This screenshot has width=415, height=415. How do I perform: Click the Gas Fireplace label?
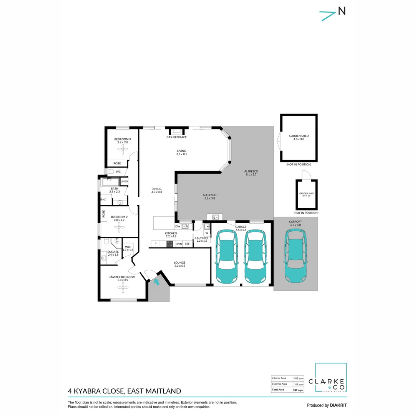(x=176, y=137)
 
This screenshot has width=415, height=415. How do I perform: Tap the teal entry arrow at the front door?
(x=156, y=282)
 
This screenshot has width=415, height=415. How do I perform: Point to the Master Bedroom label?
(x=122, y=277)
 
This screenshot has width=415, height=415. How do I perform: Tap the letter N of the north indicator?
(x=341, y=11)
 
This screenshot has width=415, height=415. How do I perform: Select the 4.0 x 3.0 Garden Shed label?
(x=299, y=138)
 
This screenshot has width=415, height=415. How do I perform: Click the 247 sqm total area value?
(x=298, y=390)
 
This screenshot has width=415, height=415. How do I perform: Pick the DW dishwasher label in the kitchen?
(x=178, y=226)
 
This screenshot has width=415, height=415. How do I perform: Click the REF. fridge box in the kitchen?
(x=188, y=244)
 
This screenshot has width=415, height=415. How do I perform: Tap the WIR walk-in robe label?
(x=128, y=247)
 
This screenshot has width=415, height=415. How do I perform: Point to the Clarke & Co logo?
(x=331, y=378)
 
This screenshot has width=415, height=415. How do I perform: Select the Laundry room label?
(x=202, y=238)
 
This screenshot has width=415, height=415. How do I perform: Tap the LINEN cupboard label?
(x=124, y=181)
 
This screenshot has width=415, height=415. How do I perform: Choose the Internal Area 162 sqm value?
(x=298, y=378)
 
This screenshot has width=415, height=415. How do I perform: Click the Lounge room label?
(x=180, y=263)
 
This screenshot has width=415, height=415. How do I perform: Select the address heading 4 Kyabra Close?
(x=124, y=391)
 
